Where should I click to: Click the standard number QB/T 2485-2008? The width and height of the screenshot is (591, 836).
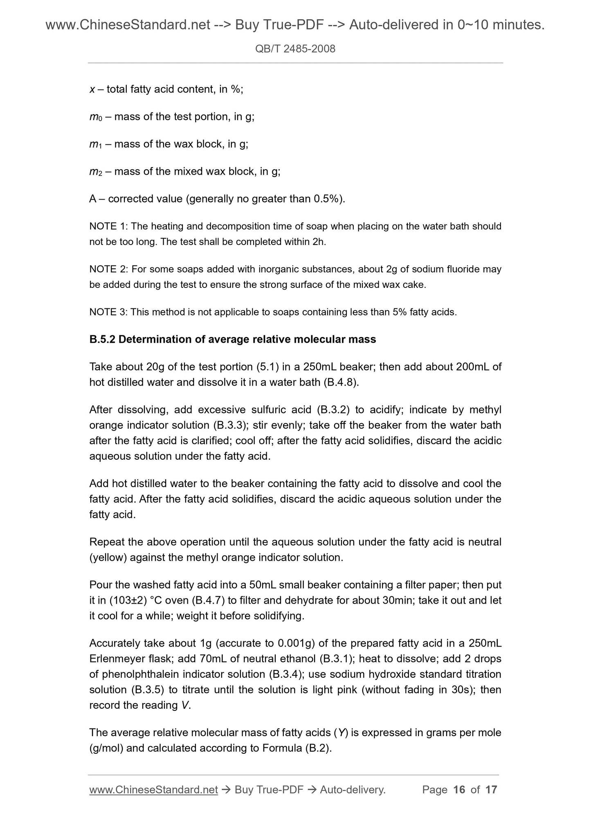click(295, 49)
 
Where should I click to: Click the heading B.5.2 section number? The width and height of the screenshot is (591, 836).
click(102, 339)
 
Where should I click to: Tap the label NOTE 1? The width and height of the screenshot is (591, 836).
click(108, 226)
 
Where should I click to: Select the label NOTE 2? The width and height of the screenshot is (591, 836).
click(108, 269)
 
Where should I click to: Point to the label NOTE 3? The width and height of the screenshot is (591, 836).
click(108, 312)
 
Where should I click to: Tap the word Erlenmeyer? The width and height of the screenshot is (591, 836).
click(118, 659)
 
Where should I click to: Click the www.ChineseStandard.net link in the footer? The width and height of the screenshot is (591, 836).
click(153, 790)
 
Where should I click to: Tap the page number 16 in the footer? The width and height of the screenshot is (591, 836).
click(459, 790)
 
